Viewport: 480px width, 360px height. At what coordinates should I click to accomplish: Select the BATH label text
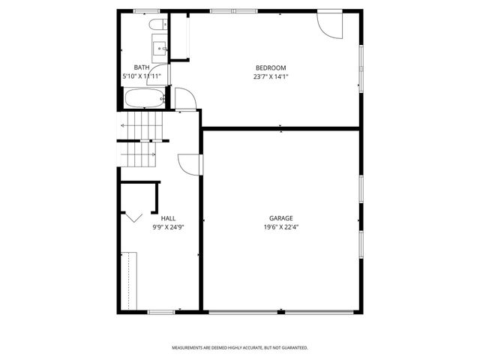[x=142, y=67]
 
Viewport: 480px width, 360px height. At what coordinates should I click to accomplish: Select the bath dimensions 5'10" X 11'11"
[x=142, y=76]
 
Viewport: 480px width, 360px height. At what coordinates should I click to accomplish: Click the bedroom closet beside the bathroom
[x=180, y=36]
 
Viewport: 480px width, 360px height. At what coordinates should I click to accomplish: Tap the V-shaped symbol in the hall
[x=133, y=217]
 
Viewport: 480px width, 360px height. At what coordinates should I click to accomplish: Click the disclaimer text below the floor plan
[x=240, y=348]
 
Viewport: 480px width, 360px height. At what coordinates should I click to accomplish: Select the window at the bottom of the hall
[x=160, y=311]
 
